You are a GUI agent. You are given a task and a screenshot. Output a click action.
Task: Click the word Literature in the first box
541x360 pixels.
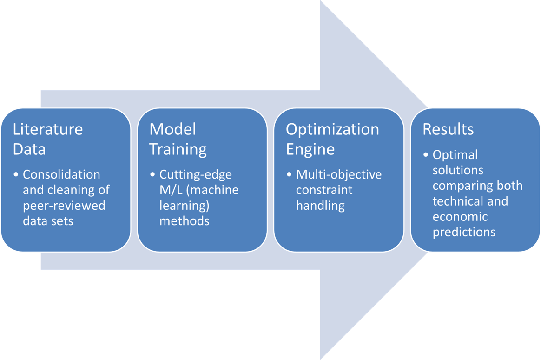coord(48,129)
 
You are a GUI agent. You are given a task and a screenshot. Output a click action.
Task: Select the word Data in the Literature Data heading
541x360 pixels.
coord(29,149)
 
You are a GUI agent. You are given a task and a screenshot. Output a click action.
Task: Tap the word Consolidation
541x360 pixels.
coord(61,174)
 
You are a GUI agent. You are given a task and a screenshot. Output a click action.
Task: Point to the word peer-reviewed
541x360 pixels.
coord(64,205)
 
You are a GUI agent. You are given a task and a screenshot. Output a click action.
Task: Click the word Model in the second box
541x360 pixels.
coord(172,129)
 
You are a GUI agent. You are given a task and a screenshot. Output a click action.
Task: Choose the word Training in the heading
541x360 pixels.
coord(178,149)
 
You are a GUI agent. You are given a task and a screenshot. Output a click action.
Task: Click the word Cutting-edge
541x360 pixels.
coord(195,174)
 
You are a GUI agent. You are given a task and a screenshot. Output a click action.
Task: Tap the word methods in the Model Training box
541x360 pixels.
coord(184,220)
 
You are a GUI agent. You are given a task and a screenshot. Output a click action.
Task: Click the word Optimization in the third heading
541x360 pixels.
coord(332,129)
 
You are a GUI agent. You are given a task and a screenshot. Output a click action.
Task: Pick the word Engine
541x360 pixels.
coord(311,149)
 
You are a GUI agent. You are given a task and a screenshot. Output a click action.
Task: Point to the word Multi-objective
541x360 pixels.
coord(339,174)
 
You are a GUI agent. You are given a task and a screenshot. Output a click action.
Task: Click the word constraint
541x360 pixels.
coord(324,190)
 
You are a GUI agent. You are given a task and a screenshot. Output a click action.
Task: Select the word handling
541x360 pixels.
coord(320,205)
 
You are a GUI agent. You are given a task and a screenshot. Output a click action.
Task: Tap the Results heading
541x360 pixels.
coord(448,129)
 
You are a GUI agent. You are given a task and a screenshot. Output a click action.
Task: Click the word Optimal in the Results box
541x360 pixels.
coord(449,154)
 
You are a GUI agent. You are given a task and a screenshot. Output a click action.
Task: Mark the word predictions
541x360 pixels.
coord(464,232)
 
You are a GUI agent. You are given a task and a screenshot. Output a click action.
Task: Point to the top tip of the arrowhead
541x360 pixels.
coord(321,2)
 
